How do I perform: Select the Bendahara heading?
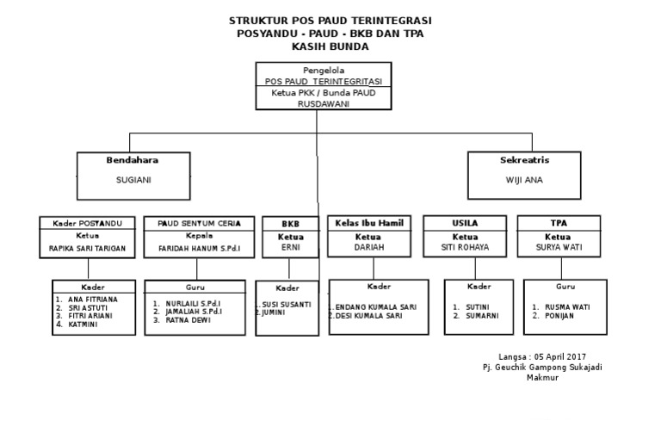pyautogui.click(x=132, y=160)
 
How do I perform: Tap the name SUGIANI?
pyautogui.click(x=133, y=181)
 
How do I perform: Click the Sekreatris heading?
pyautogui.click(x=524, y=160)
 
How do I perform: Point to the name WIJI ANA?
pyautogui.click(x=524, y=181)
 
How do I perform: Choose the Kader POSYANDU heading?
pyautogui.click(x=88, y=224)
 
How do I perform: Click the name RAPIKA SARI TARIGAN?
pyautogui.click(x=88, y=248)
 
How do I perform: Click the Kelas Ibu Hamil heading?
pyautogui.click(x=368, y=223)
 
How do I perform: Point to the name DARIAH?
pyautogui.click(x=368, y=247)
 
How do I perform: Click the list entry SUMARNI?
pyautogui.click(x=482, y=316)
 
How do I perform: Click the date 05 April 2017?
pyautogui.click(x=560, y=356)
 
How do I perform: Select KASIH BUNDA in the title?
pyautogui.click(x=330, y=46)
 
